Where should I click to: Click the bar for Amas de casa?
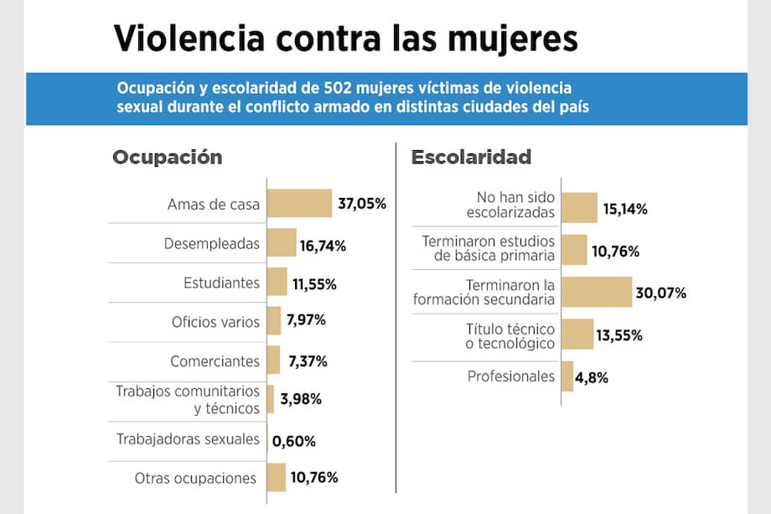click(299, 204)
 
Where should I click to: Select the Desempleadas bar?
click(282, 243)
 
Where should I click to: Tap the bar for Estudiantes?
click(277, 283)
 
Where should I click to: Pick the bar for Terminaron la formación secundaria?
click(597, 292)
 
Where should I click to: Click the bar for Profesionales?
click(567, 376)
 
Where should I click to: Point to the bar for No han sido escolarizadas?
click(579, 207)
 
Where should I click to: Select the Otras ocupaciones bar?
click(277, 478)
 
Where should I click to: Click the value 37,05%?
click(362, 204)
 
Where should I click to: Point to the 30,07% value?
click(661, 293)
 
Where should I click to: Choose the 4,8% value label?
click(592, 377)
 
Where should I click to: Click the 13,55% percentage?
click(619, 335)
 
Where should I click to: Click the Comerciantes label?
click(215, 361)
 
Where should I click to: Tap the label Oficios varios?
click(215, 322)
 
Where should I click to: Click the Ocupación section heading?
click(167, 157)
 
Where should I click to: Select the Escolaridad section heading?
click(471, 157)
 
